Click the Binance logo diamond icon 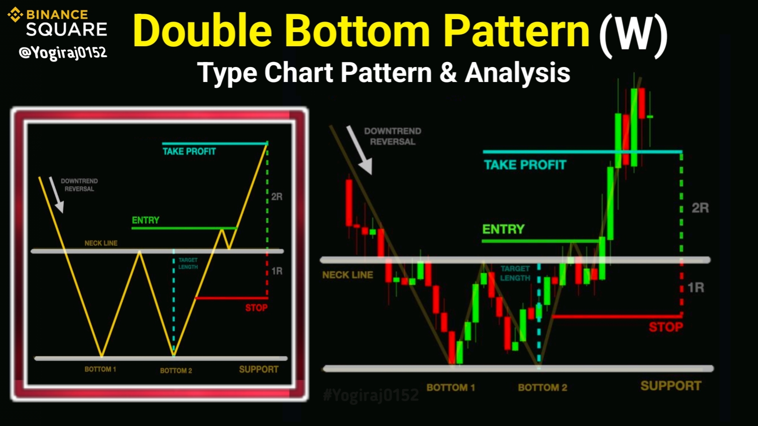(x=15, y=15)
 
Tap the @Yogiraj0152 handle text (x=63, y=52)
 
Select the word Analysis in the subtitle (x=518, y=73)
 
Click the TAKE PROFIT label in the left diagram (x=189, y=151)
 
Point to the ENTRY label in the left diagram (x=146, y=220)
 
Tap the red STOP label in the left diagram (x=256, y=308)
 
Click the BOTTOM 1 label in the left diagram (x=100, y=369)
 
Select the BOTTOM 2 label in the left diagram (x=176, y=370)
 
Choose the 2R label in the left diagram (x=277, y=197)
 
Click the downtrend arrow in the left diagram (x=57, y=195)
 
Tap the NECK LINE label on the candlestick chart (x=348, y=275)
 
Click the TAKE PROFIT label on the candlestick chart (x=525, y=165)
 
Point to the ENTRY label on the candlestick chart (x=503, y=229)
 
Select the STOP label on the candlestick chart (x=666, y=327)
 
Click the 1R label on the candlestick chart (x=696, y=287)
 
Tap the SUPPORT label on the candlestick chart (x=671, y=386)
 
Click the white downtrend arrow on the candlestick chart (x=359, y=150)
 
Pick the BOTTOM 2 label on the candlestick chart (x=542, y=388)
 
